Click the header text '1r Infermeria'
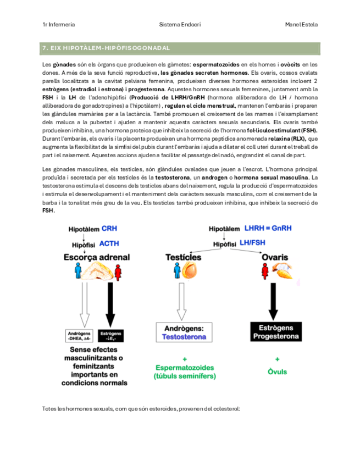59,25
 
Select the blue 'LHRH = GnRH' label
267,228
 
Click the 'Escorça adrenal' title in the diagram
97,257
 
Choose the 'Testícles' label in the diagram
185,257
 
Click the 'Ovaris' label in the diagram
276,257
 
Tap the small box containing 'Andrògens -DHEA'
80,336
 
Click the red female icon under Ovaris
267,271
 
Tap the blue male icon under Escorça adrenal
79,271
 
